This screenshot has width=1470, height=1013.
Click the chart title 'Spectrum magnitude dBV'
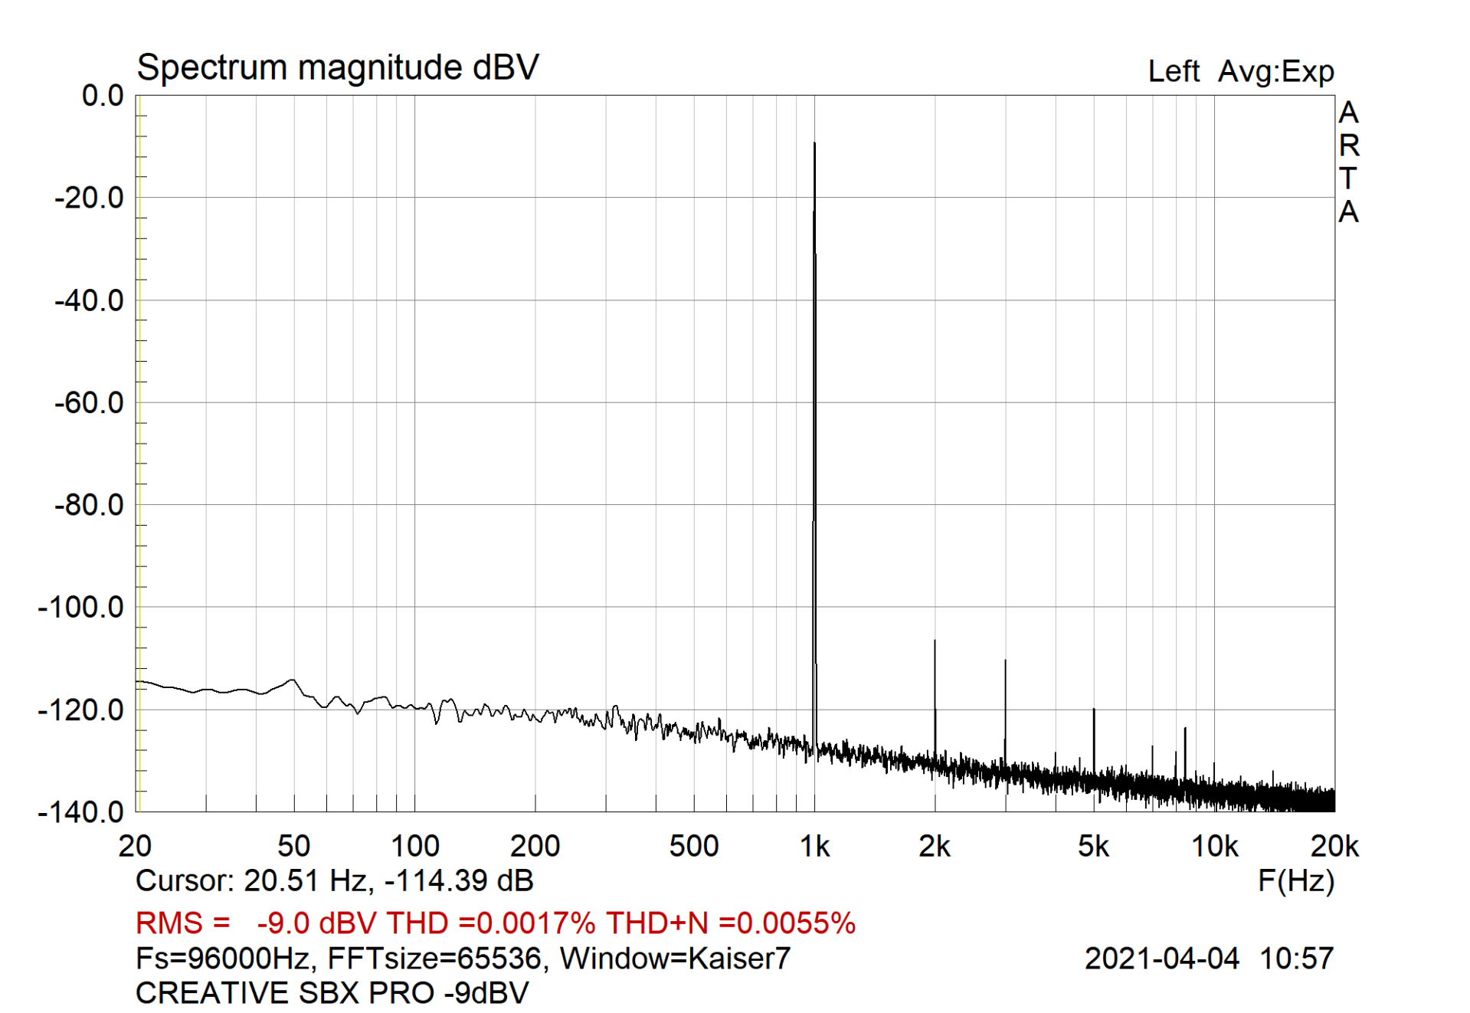point(337,67)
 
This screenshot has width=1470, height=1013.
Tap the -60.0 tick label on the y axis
point(89,402)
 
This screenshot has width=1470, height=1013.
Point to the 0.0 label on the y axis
point(103,96)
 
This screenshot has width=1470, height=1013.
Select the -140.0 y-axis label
point(81,811)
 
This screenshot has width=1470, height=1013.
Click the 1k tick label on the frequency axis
point(814,847)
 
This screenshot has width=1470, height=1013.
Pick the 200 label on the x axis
point(535,847)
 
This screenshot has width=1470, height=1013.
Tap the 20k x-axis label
point(1334,847)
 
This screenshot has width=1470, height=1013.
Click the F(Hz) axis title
point(1295,881)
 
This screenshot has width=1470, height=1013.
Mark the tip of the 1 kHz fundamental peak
point(814,143)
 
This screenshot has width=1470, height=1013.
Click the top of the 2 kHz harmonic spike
point(935,641)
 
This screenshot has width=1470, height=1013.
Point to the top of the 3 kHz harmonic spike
point(1005,660)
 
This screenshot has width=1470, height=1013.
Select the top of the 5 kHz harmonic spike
point(1094,709)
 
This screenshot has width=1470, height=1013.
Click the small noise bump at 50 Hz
point(293,680)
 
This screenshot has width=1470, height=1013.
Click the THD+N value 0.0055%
point(787,923)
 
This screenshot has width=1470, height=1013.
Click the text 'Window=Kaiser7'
point(675,959)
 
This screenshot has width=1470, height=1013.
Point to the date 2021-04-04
point(1161,959)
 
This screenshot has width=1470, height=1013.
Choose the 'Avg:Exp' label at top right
point(1275,71)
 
